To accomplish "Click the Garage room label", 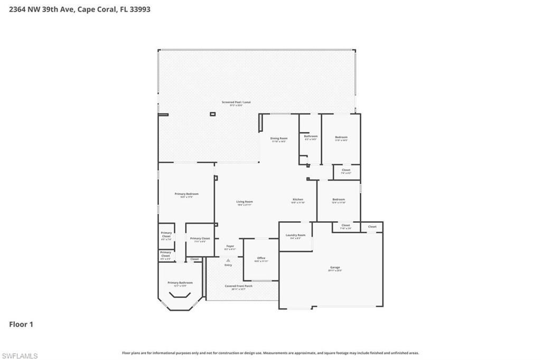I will coord(335,268).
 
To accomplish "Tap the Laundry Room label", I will coord(295,236).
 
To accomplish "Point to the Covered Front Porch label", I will coord(238,287).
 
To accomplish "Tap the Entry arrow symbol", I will coord(228,260).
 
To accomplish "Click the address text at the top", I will coord(80,9).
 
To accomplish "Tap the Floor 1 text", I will coord(21,324).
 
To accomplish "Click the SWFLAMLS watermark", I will coord(20,356).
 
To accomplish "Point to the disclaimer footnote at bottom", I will coord(270,353).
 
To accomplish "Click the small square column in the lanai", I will coord(213,114).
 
